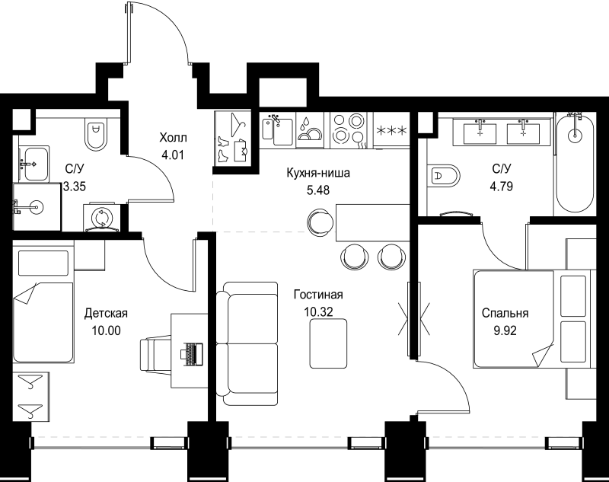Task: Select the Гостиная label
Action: pos(318,295)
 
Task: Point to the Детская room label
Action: pos(105,313)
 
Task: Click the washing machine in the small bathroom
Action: pos(100,218)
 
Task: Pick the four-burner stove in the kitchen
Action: pos(349,129)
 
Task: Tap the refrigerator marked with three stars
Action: pos(393,130)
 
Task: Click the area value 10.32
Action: pos(318,310)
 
